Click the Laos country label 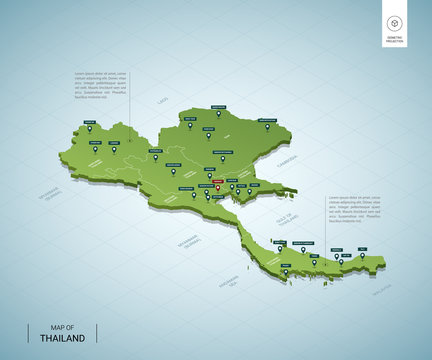(163, 101)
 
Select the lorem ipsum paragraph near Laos (101, 84)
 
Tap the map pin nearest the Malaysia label (362, 255)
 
